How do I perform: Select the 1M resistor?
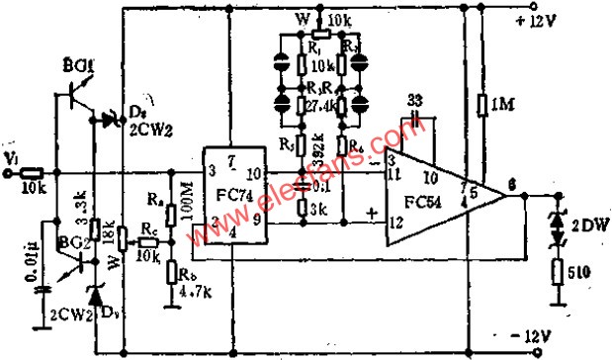[482, 105]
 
